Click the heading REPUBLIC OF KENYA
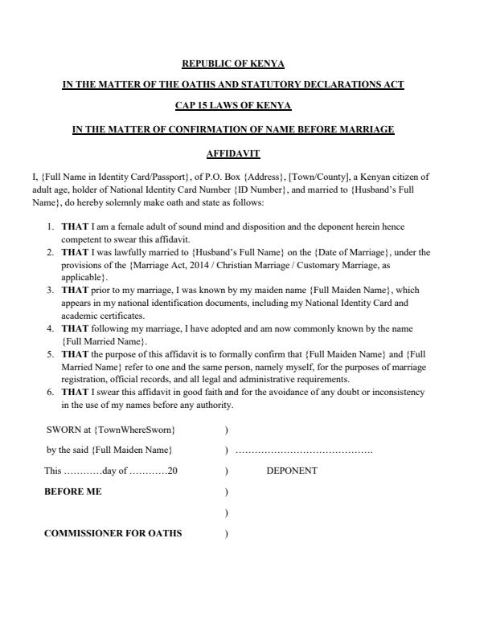(233, 63)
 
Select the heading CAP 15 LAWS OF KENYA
(233, 106)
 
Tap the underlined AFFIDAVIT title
(233, 152)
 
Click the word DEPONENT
(291, 471)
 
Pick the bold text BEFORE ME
(72, 491)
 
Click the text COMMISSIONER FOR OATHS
(113, 533)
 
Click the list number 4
(50, 328)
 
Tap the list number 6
(50, 392)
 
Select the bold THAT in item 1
(75, 226)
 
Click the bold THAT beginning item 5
(75, 353)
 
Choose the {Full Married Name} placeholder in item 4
(105, 340)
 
